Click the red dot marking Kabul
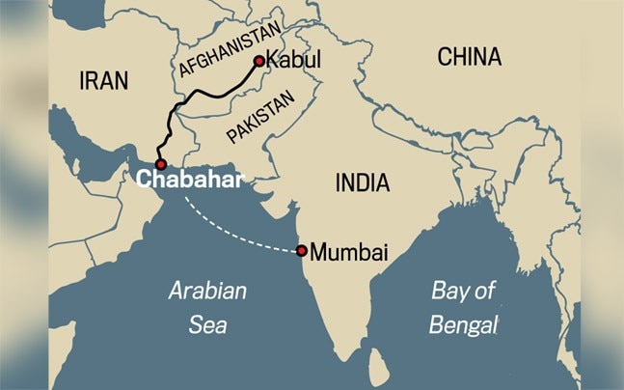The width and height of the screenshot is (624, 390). click(258, 61)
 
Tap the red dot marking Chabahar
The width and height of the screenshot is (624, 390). click(160, 164)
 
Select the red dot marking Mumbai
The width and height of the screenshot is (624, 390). click(302, 251)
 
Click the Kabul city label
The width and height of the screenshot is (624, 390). click(292, 60)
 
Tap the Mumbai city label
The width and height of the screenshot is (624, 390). click(350, 253)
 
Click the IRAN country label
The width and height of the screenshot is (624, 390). click(103, 80)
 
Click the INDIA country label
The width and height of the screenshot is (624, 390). click(362, 182)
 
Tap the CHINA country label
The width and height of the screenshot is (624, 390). click(470, 57)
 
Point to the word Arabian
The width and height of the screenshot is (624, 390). click(207, 291)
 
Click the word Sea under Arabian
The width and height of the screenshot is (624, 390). click(207, 324)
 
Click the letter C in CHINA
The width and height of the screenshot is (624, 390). click(445, 57)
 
